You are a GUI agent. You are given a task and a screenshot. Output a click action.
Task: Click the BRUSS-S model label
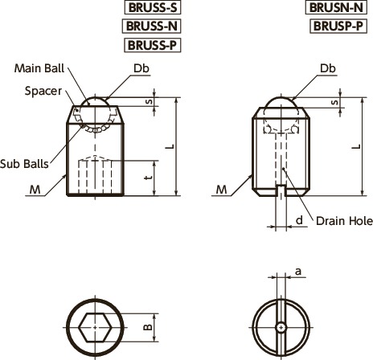[x=151, y=8]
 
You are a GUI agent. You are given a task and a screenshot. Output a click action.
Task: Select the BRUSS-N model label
[x=151, y=27]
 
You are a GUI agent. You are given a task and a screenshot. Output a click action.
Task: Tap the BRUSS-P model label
[x=151, y=45]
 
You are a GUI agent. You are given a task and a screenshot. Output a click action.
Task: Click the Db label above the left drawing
[x=141, y=69]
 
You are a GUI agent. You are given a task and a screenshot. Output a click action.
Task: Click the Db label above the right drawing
[x=327, y=69]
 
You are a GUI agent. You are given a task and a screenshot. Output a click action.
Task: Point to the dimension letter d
[x=298, y=219]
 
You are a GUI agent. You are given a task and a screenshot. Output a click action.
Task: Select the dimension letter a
[x=298, y=273]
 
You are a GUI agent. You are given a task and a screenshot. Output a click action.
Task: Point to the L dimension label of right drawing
[x=355, y=148]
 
